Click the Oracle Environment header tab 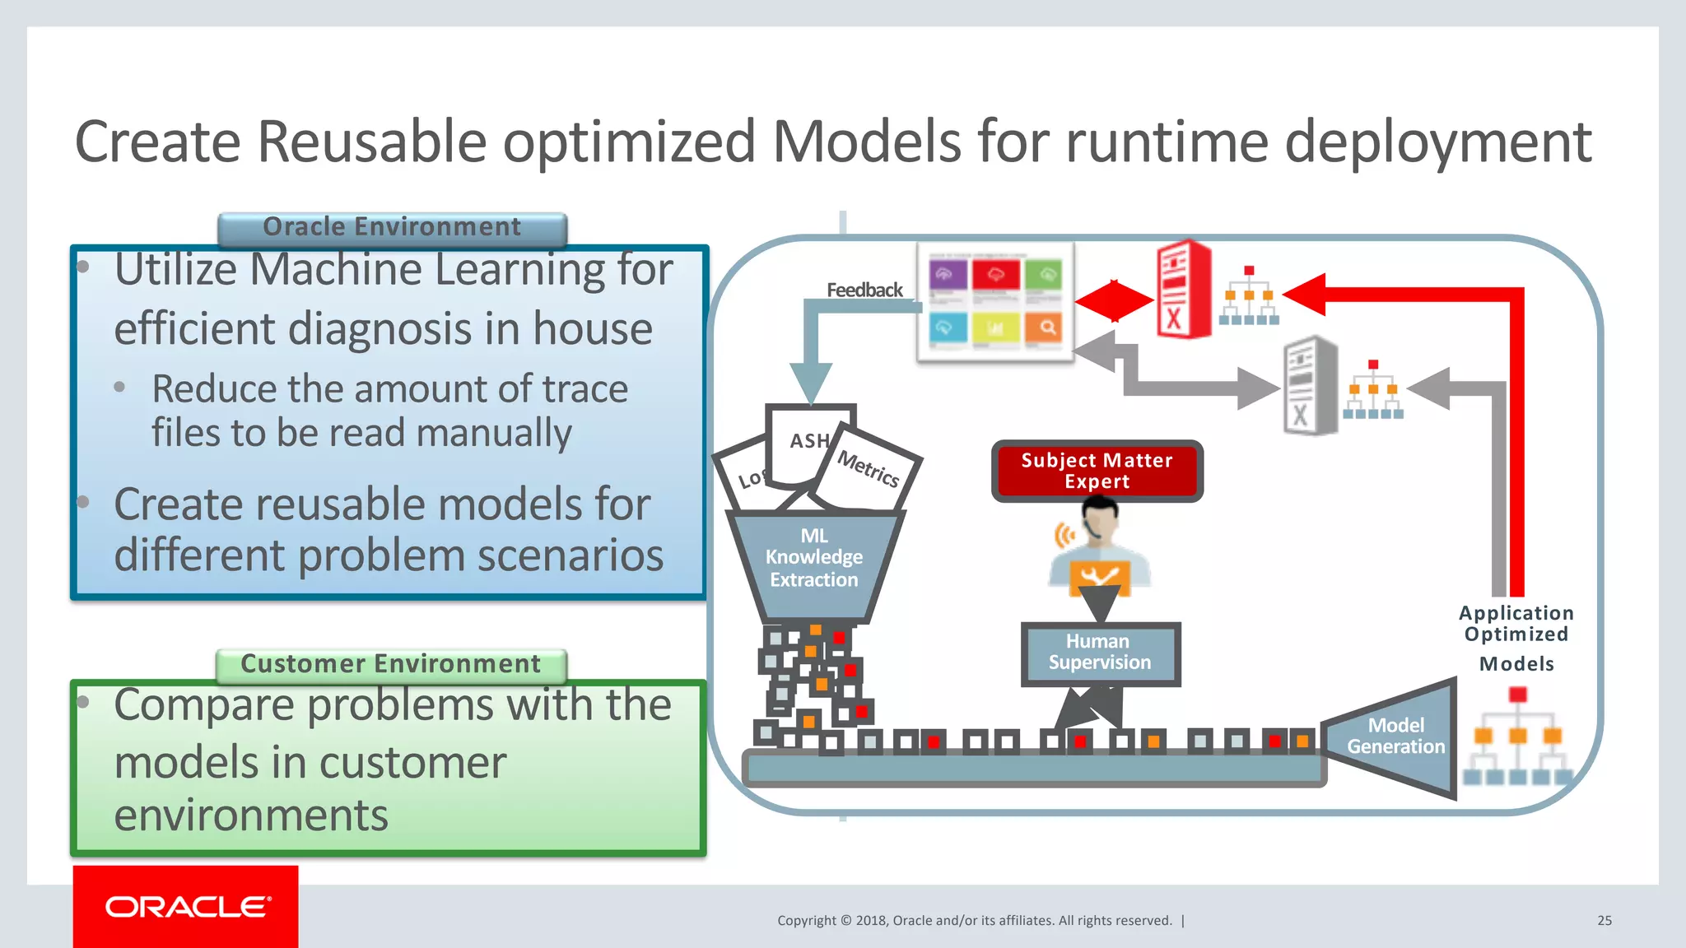pos(392,228)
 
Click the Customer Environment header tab pos(391,665)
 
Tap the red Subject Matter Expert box pos(1097,471)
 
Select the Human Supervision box pos(1100,653)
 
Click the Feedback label pos(864,290)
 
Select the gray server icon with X pos(1309,385)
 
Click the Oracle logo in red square pos(186,907)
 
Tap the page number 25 pos(1604,921)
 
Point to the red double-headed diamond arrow pos(1114,300)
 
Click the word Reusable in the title pos(372,142)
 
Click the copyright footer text pos(975,921)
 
